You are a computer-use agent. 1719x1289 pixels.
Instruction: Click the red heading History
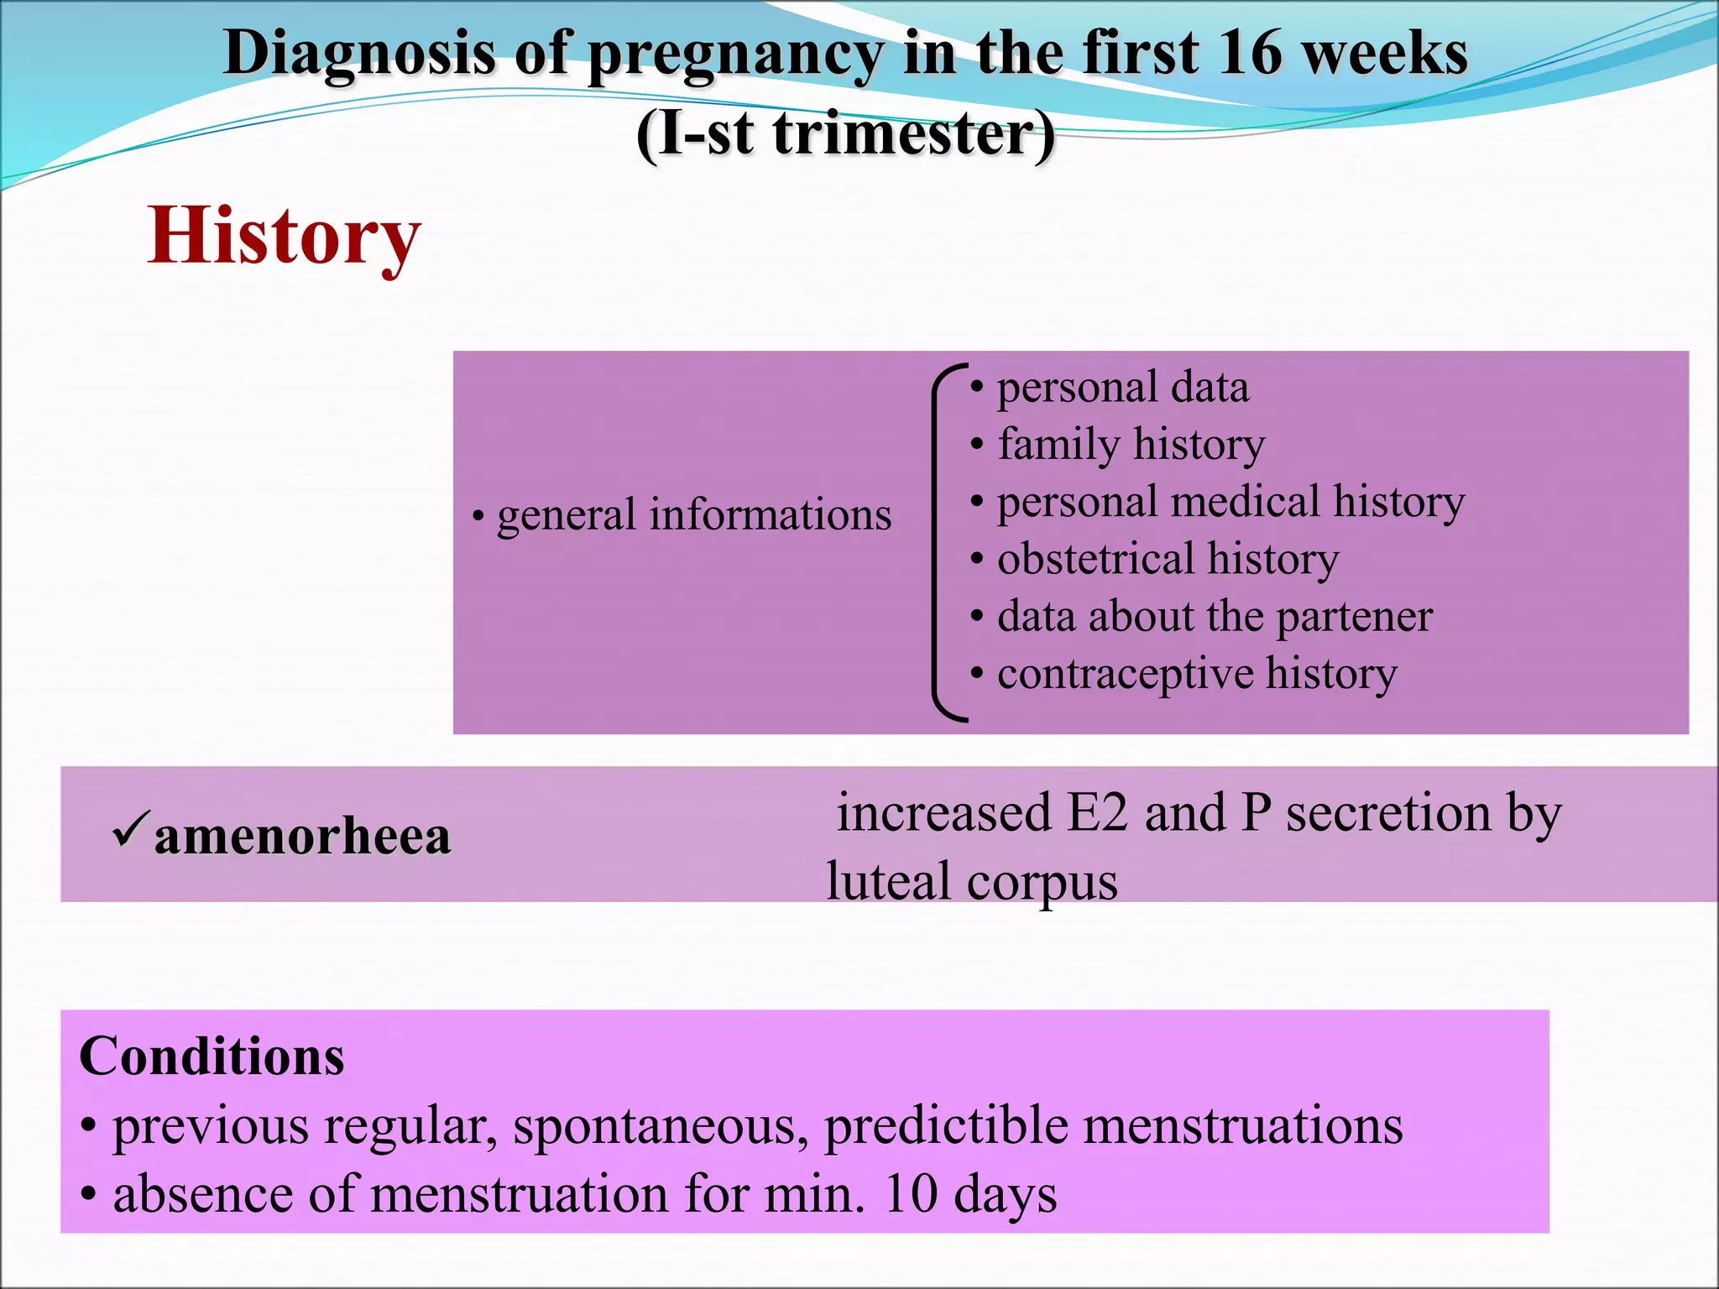point(284,237)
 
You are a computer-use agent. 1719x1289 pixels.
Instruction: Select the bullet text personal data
point(1122,388)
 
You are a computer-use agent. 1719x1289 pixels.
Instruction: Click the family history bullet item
point(1131,444)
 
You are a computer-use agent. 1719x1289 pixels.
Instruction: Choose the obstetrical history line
point(1168,559)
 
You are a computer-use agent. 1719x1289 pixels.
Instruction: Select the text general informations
point(693,515)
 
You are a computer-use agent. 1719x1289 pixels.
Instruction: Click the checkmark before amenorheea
point(132,827)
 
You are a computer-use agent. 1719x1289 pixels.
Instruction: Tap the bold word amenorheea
point(302,838)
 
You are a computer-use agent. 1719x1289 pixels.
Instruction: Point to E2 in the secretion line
point(1096,813)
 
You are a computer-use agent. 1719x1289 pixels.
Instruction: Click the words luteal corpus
point(972,882)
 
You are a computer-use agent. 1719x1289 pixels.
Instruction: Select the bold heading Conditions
point(212,1056)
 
